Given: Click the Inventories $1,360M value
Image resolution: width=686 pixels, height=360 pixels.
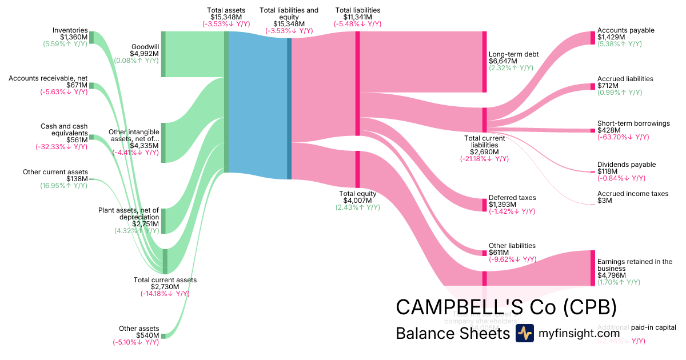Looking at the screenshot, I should [x=74, y=37].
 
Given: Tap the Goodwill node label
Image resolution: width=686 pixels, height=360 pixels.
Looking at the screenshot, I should [x=145, y=47].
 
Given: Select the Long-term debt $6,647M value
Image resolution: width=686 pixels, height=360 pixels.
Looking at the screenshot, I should [x=503, y=61].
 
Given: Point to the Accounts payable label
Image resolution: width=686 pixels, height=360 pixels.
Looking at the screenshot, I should [x=625, y=30].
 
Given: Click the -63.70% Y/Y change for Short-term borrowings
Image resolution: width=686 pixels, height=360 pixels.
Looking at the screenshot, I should [x=623, y=137].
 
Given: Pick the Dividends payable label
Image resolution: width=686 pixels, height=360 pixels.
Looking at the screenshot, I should [x=627, y=165].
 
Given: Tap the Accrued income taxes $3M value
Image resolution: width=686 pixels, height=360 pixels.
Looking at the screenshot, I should [x=605, y=201].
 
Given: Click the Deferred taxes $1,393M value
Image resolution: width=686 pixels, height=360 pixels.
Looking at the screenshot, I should [x=502, y=205].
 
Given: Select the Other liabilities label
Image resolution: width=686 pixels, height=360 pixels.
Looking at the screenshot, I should [x=512, y=246].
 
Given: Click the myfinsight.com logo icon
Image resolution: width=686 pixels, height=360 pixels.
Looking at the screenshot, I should [x=524, y=333].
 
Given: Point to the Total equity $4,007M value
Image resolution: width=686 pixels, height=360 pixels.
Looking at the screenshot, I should [x=357, y=201].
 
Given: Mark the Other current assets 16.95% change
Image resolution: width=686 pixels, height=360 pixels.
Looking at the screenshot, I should [x=64, y=186].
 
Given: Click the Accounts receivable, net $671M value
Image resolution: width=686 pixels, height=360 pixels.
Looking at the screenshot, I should [x=77, y=85].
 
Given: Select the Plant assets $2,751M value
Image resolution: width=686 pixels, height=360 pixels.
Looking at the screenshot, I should [x=146, y=224].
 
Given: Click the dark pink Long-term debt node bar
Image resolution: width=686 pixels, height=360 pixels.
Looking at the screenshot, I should [x=484, y=62].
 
